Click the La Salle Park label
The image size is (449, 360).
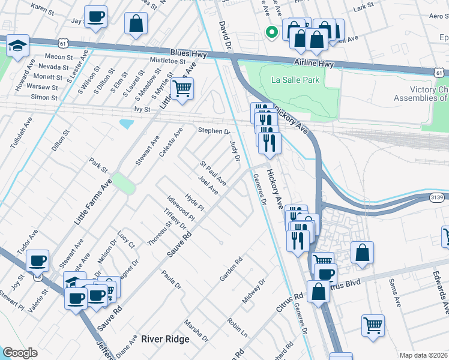(295, 80)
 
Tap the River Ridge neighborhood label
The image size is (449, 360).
(165, 339)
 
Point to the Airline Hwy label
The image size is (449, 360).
(316, 62)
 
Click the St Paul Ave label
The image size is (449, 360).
(212, 172)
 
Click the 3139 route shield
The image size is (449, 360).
(438, 197)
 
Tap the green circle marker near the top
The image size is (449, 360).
(271, 32)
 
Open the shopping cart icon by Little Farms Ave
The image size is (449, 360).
(182, 89)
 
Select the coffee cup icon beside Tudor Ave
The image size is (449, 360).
(37, 260)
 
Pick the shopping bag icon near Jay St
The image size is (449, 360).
(136, 24)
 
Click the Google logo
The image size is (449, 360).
(20, 353)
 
